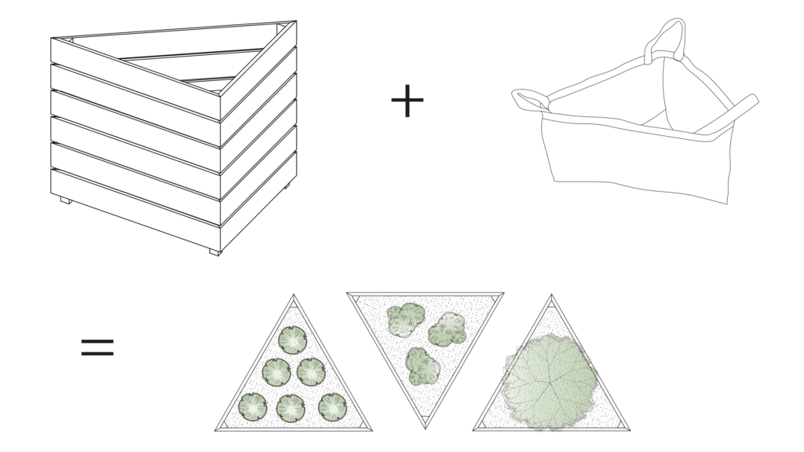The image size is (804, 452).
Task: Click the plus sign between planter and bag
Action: (x=407, y=101)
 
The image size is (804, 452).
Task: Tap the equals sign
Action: (x=97, y=347)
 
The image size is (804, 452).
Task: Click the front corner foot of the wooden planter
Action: (x=215, y=252)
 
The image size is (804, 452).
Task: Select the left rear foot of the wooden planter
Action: (x=66, y=200)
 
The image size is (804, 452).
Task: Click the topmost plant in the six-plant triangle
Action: (x=293, y=340)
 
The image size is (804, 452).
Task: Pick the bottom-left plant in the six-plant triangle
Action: (x=253, y=406)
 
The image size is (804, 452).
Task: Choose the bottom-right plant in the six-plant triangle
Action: (x=333, y=406)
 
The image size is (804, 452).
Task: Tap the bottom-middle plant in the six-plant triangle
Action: (x=291, y=408)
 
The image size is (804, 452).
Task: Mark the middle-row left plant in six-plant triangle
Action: (x=276, y=372)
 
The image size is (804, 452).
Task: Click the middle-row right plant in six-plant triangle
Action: (x=312, y=371)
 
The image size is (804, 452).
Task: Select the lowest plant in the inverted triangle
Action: (x=422, y=366)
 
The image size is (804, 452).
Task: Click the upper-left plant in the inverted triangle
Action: (x=406, y=319)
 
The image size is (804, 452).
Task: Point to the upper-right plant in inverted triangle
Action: (x=448, y=329)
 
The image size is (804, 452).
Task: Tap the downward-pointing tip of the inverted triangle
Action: (x=425, y=427)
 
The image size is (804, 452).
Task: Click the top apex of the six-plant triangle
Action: (x=294, y=297)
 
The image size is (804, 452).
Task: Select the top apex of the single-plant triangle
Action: (x=551, y=297)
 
